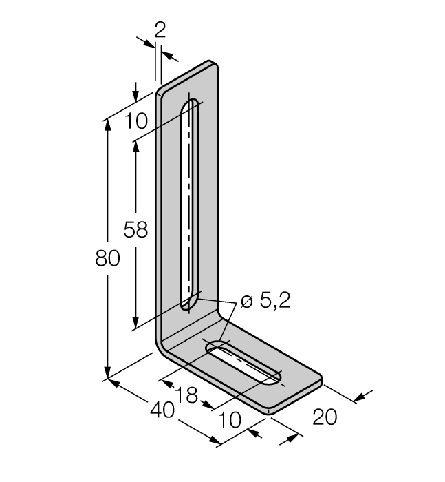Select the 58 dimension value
[135, 229]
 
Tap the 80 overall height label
[108, 259]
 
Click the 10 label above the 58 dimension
[136, 121]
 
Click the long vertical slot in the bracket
[190, 207]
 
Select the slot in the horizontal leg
[244, 364]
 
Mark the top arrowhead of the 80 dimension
[108, 127]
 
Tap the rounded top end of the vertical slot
[191, 105]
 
